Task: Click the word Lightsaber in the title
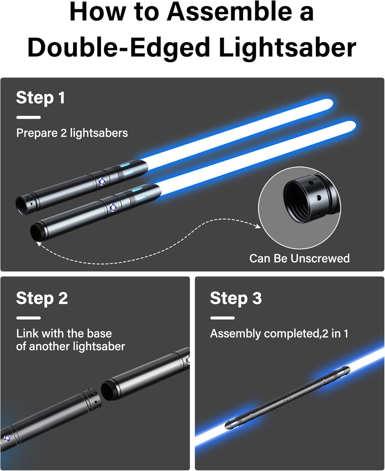tap(287, 47)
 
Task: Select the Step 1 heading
tap(41, 98)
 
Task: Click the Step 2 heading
tap(42, 298)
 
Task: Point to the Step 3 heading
tap(236, 298)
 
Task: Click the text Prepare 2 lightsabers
tap(72, 133)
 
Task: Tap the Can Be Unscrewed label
tap(299, 258)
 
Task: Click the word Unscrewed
tap(320, 258)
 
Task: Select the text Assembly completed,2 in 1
tap(279, 333)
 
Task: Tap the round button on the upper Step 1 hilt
tap(102, 181)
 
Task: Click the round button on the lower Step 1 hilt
tap(113, 207)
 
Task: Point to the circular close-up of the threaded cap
tap(299, 208)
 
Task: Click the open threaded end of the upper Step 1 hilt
tap(22, 205)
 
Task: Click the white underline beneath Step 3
tap(222, 318)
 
